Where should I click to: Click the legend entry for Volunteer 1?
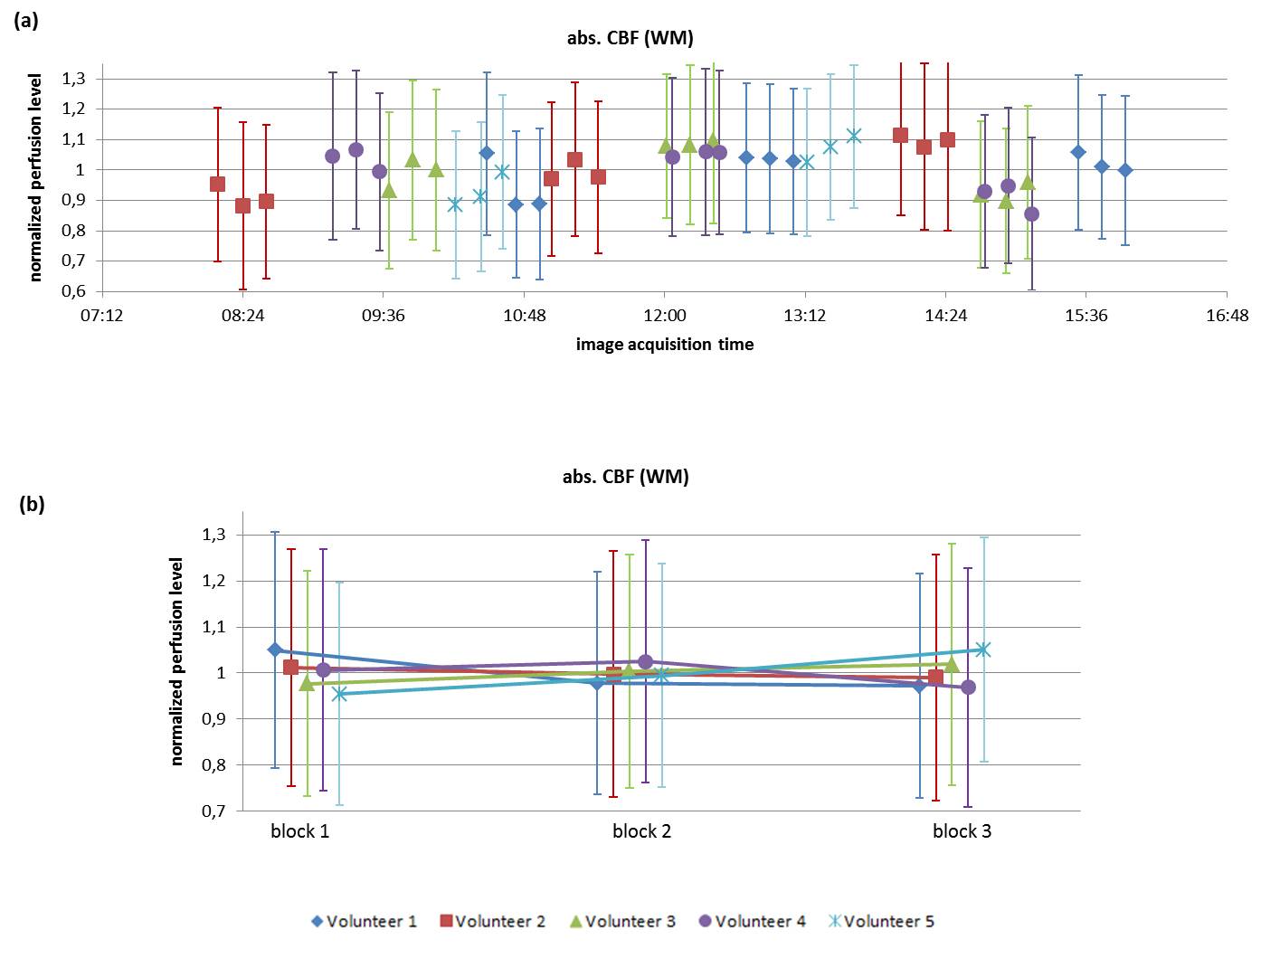point(364,921)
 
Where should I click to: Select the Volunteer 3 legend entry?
point(622,921)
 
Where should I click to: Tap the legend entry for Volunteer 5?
point(881,921)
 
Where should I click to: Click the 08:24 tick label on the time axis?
point(242,316)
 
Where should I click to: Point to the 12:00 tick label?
point(664,316)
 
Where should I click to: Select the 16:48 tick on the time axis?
point(1227,316)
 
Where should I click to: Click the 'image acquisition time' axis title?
point(664,344)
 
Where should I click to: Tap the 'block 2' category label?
point(641,831)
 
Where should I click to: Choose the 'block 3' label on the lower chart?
point(962,831)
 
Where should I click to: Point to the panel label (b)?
point(32,504)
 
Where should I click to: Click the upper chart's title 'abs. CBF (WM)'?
point(624,38)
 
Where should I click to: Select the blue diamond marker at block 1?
point(275,650)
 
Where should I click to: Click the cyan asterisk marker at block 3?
point(983,650)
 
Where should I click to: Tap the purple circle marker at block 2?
point(645,662)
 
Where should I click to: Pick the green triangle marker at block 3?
point(952,665)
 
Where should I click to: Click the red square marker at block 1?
point(290,668)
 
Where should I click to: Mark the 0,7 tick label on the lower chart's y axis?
point(213,811)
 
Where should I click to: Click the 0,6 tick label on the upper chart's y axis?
point(73,291)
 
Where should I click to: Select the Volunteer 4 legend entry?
point(752,921)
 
